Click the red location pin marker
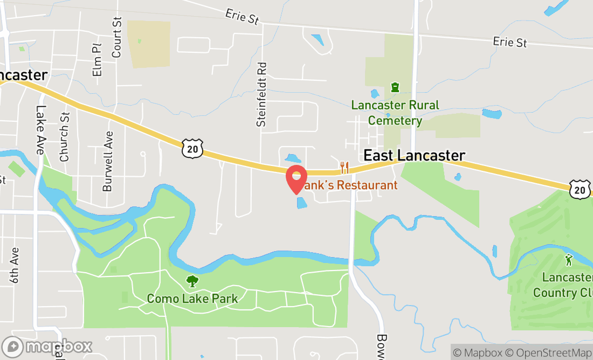click(x=296, y=179)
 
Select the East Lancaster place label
click(x=414, y=156)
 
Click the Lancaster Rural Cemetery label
click(x=395, y=113)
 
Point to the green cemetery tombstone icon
click(x=395, y=87)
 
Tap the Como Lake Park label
click(x=192, y=298)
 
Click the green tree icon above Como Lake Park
click(x=192, y=281)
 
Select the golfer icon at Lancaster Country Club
click(x=568, y=260)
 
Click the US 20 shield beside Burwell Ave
click(x=192, y=148)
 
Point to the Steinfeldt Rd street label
click(x=262, y=94)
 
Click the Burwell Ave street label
click(x=108, y=161)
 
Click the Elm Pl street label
click(x=97, y=60)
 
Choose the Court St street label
click(x=117, y=37)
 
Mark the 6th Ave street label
click(x=14, y=265)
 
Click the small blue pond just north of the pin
click(x=293, y=158)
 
